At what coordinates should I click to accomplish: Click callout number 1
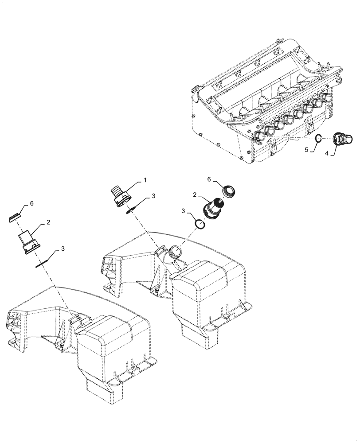tap(145, 180)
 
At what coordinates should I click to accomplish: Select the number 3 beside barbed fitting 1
tap(153, 195)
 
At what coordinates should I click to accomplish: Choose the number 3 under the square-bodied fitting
tap(63, 249)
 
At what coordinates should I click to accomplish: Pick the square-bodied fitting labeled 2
tap(28, 242)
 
